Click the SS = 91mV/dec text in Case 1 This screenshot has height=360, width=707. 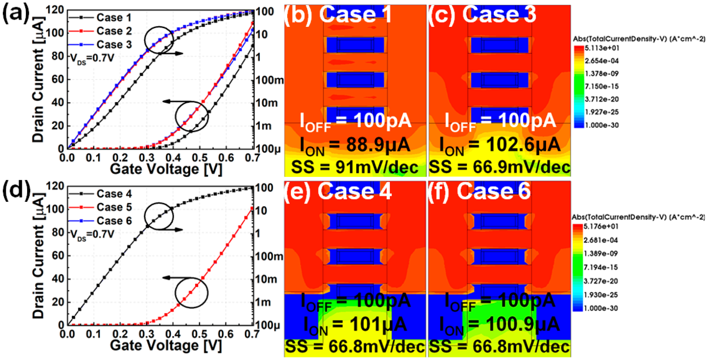coord(355,167)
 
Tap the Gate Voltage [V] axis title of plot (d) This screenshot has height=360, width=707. coord(166,346)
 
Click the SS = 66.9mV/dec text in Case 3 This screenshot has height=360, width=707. coord(500,167)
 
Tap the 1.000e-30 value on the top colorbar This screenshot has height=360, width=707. coord(602,125)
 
